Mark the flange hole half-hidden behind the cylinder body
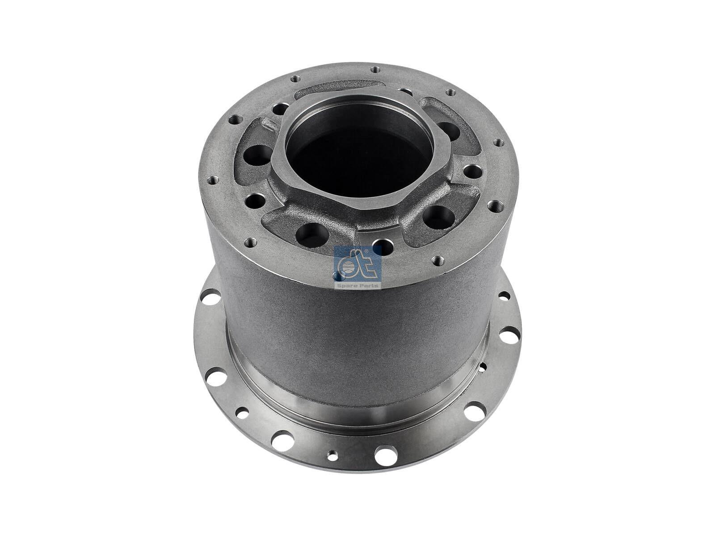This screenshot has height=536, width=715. click(x=482, y=368)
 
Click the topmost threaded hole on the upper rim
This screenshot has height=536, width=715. click(x=374, y=69)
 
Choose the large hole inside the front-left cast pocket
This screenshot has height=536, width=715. click(x=310, y=232)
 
